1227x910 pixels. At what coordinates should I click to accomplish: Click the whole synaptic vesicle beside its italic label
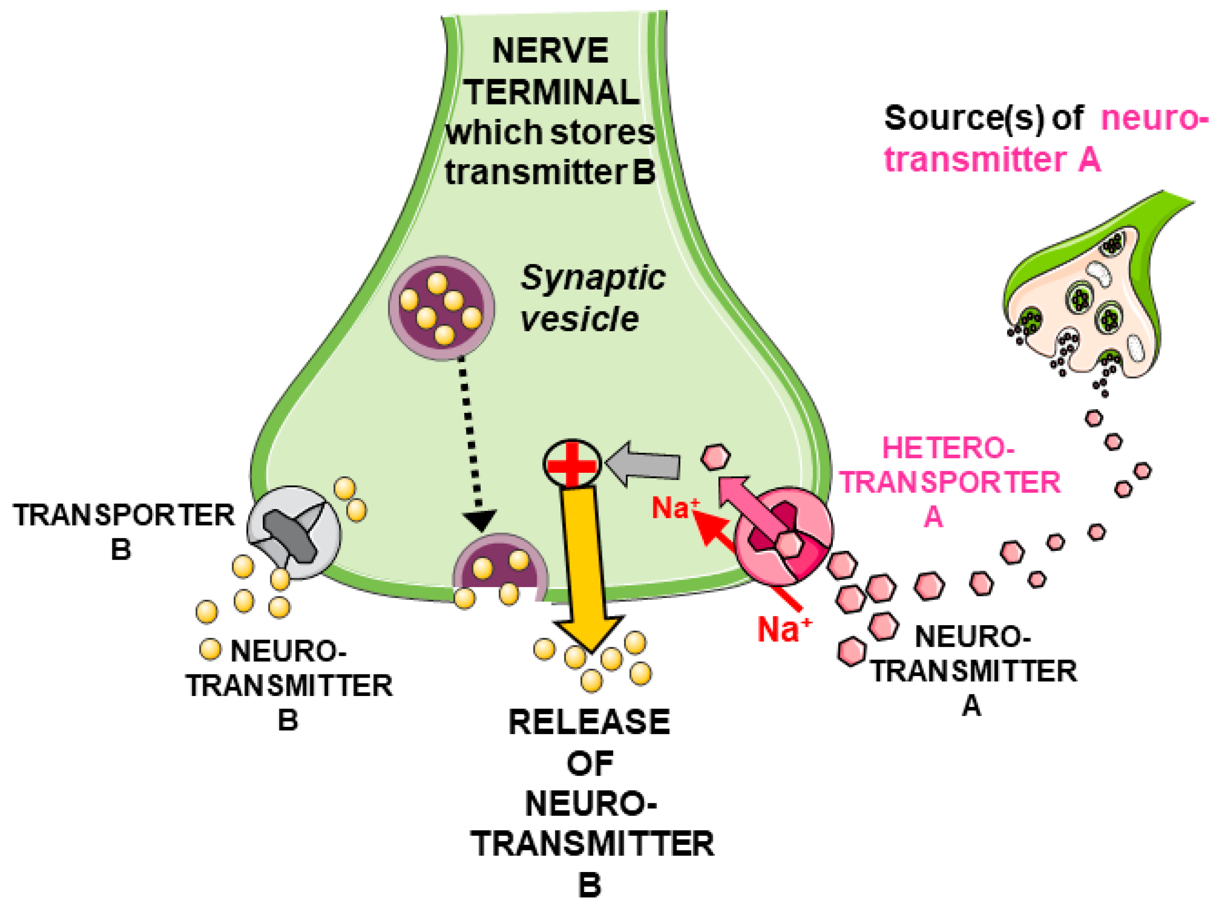point(441,308)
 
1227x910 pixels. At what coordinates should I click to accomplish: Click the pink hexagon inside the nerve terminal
point(715,457)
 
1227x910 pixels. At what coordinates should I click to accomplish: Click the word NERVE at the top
point(550,51)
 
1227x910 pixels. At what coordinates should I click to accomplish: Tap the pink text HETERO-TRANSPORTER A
point(949,482)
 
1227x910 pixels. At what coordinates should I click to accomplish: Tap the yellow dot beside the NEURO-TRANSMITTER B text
point(210,649)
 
